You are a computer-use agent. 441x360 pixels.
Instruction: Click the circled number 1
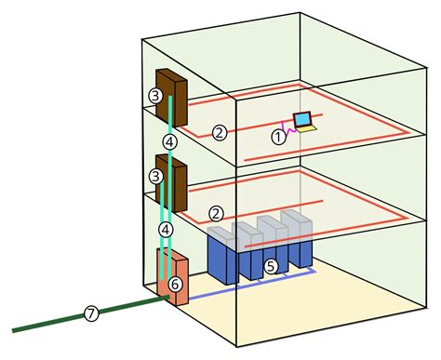(x=277, y=136)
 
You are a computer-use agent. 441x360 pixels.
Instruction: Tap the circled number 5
(x=271, y=266)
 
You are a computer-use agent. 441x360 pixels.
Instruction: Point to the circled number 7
(x=90, y=313)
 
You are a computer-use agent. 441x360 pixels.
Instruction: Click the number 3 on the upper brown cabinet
(x=155, y=95)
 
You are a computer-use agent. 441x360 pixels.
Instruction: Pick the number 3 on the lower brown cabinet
(x=155, y=174)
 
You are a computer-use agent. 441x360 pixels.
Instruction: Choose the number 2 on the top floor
(x=220, y=132)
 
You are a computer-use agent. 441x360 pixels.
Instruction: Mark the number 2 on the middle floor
(x=216, y=213)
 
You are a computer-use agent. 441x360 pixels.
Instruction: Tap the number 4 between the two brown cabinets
(x=169, y=141)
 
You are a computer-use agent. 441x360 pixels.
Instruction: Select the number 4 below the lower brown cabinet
(x=166, y=229)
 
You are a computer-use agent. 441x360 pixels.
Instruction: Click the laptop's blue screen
(x=302, y=119)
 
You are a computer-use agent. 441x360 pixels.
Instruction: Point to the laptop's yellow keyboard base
(x=306, y=129)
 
